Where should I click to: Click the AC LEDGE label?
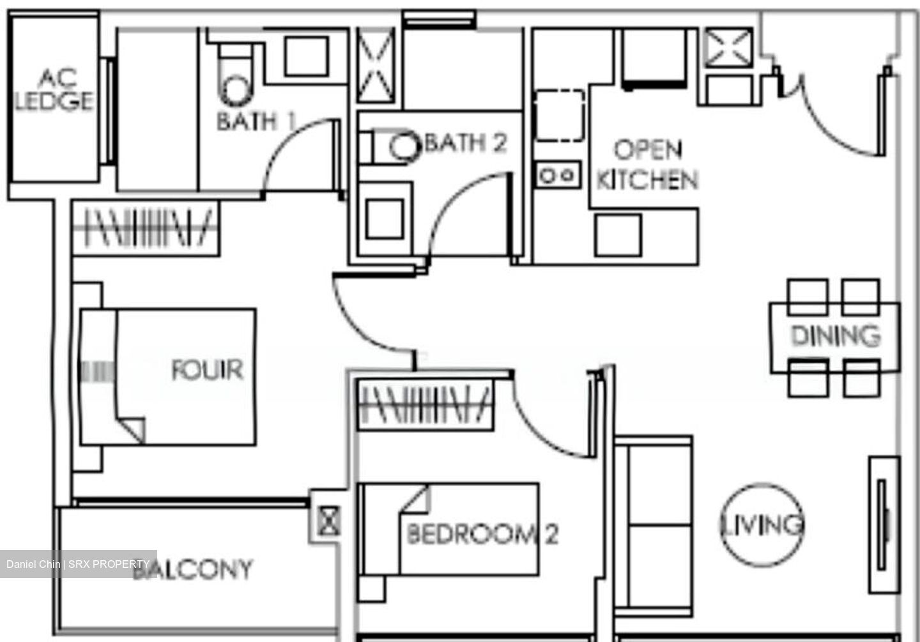point(54,90)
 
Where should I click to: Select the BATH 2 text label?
point(465,142)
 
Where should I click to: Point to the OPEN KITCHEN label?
point(647,165)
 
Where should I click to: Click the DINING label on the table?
point(835,335)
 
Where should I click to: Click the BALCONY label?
point(195,569)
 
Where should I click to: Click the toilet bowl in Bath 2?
point(402,145)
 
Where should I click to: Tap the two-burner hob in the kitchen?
point(558,174)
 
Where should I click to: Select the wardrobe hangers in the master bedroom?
point(146,227)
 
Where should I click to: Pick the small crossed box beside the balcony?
point(329,521)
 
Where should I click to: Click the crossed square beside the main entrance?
point(728,47)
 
